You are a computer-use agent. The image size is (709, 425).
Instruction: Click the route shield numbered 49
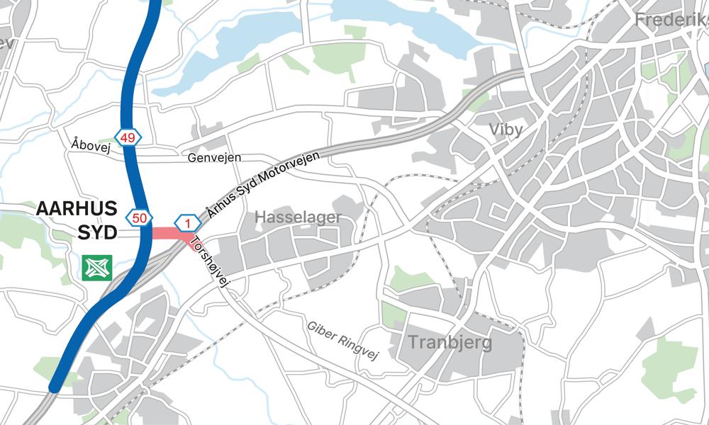[x=128, y=138]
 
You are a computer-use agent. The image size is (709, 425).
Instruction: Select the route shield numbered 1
[x=187, y=225]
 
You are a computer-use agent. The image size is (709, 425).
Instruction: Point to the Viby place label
[x=505, y=130]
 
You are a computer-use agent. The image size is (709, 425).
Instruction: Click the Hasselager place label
[x=298, y=217]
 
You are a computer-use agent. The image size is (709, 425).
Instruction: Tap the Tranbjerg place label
[x=450, y=344]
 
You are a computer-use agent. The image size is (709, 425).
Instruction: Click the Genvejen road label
[x=216, y=157]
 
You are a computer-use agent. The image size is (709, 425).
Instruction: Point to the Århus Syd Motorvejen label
[x=262, y=183]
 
